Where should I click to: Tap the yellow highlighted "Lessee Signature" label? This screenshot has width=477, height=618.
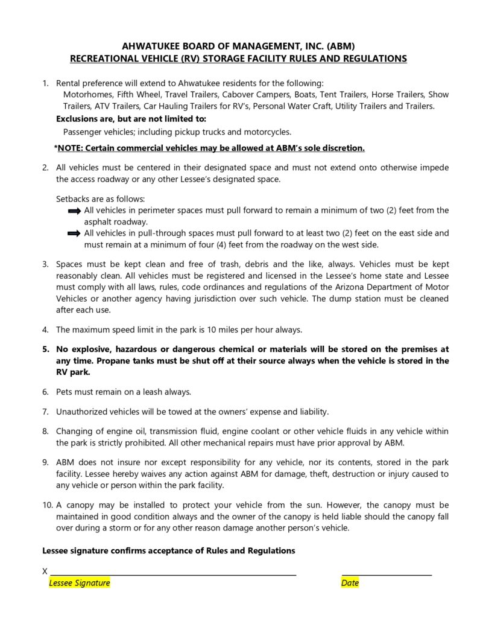(80, 583)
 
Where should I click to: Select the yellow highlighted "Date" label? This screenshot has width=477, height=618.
(350, 583)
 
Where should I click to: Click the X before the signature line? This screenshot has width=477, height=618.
(45, 571)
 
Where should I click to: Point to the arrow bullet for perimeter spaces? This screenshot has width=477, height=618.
(74, 211)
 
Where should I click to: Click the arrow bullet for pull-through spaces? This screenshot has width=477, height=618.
(74, 233)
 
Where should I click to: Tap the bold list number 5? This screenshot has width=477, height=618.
(45, 349)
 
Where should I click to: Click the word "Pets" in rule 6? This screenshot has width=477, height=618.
(65, 392)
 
